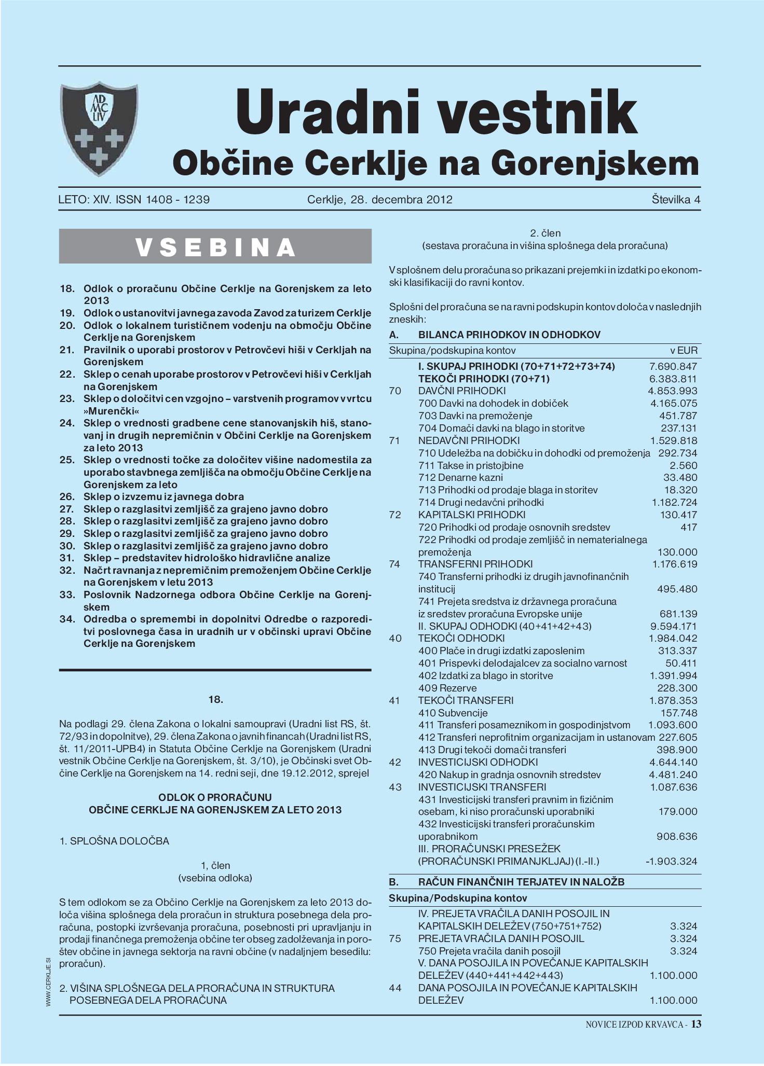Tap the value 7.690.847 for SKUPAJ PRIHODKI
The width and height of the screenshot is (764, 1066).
(673, 366)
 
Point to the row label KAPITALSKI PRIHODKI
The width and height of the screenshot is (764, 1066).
(471, 515)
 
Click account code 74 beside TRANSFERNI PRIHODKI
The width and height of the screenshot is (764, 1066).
(395, 564)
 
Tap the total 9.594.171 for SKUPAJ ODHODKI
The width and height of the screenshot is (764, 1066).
(673, 626)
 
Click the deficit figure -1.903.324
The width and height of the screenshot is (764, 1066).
(671, 861)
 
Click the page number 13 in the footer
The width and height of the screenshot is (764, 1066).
(696, 1023)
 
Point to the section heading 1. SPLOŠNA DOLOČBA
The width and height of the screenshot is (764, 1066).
(115, 841)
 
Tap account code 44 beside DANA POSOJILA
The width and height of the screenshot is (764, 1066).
(395, 988)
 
